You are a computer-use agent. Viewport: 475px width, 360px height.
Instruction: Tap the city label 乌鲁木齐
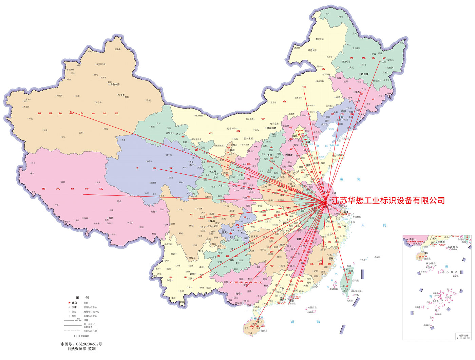click(x=114, y=84)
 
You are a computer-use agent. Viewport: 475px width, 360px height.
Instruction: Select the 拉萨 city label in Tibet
click(x=111, y=218)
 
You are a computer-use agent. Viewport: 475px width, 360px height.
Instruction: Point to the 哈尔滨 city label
click(x=364, y=74)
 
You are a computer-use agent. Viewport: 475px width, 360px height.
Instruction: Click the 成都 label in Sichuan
click(x=212, y=221)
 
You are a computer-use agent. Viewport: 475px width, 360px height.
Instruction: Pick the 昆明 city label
click(x=192, y=274)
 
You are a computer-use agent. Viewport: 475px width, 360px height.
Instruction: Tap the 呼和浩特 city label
click(x=271, y=128)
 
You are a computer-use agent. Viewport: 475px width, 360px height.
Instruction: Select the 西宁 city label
click(x=192, y=165)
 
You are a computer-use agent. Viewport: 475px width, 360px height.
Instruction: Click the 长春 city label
click(x=357, y=92)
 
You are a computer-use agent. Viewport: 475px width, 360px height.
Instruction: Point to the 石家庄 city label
click(x=289, y=155)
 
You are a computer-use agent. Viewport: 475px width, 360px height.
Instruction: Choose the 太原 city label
click(x=270, y=155)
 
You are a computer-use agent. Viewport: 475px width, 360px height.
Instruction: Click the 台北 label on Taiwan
click(x=349, y=266)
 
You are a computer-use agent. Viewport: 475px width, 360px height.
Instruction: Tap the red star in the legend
click(x=69, y=303)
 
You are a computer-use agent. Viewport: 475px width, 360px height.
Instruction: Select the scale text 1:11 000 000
click(x=81, y=336)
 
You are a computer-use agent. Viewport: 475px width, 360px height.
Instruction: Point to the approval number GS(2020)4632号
click(x=81, y=344)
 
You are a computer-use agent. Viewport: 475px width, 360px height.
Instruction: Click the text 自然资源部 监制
click(x=81, y=348)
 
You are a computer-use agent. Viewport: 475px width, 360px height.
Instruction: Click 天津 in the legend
click(x=74, y=307)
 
